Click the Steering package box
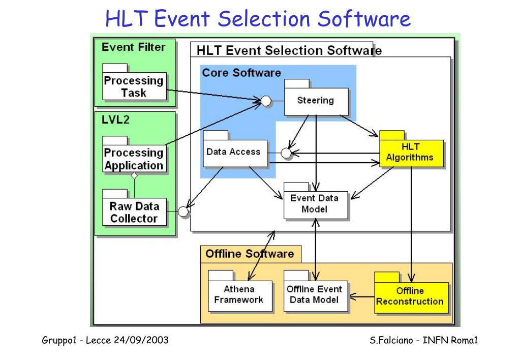(316, 101)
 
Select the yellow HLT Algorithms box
(411, 153)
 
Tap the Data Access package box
(234, 153)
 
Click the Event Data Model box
(316, 204)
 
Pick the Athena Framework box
(239, 295)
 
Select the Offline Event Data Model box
(315, 295)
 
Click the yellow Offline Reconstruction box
(411, 297)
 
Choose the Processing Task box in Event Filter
(134, 87)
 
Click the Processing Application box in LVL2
(134, 159)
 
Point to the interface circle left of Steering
(265, 101)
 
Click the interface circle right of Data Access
(286, 153)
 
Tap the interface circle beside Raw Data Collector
(183, 211)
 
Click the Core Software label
(241, 73)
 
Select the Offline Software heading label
(250, 254)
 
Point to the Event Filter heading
(133, 47)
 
